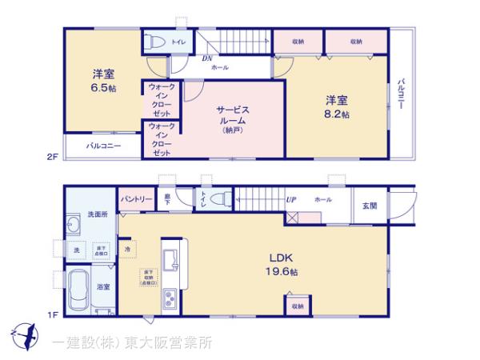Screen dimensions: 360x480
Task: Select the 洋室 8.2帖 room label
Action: pos(336,107)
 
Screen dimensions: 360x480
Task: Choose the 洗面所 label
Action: pos(95,214)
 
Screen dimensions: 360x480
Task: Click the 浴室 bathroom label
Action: pos(103,286)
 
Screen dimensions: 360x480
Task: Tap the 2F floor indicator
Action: pos(51,158)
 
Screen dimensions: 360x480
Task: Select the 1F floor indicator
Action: pos(51,314)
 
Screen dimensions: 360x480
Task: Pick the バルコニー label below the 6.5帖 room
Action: pos(103,146)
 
